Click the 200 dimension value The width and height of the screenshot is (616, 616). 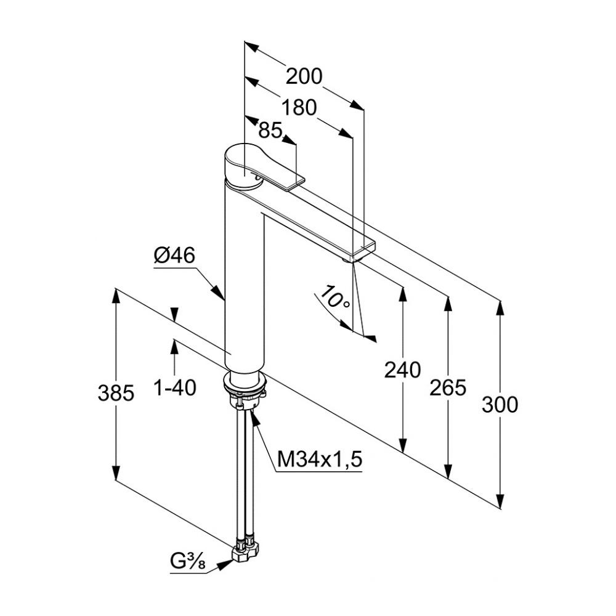pyautogui.click(x=304, y=76)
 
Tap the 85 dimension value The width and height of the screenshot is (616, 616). pyautogui.click(x=270, y=130)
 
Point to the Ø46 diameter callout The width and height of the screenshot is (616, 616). pyautogui.click(x=174, y=256)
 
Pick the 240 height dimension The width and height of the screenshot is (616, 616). pyautogui.click(x=402, y=370)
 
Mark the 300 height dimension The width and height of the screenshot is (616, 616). pyautogui.click(x=500, y=405)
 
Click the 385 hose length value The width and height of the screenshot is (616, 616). pyautogui.click(x=116, y=392)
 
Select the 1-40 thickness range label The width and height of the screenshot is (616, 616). pyautogui.click(x=175, y=388)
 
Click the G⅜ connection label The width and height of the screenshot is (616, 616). pyautogui.click(x=188, y=562)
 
